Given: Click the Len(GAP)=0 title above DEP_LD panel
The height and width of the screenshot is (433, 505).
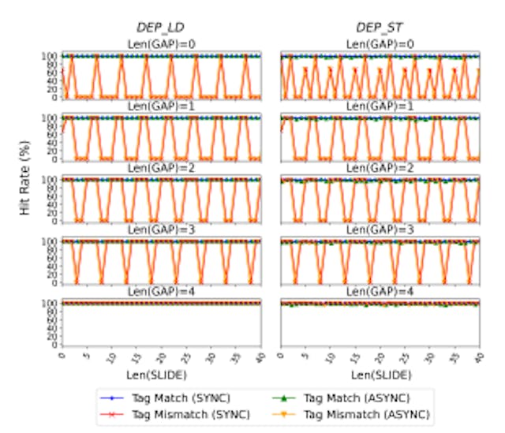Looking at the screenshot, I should (x=161, y=44).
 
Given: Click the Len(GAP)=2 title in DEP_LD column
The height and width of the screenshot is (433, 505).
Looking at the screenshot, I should (x=161, y=168).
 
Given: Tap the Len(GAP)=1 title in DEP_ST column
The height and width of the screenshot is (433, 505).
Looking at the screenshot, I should (x=380, y=106).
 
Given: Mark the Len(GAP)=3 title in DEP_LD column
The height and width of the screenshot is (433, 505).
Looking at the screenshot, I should (x=161, y=230).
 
